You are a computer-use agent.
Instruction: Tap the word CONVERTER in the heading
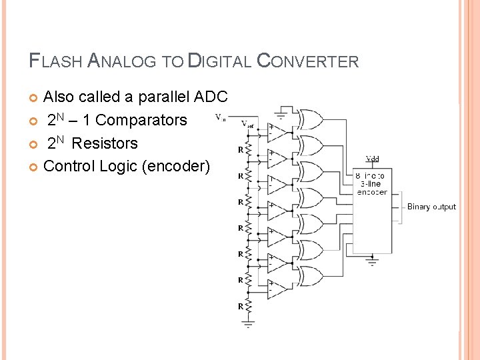[307, 62]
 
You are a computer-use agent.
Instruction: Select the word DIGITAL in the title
[219, 62]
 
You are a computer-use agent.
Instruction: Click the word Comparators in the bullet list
[142, 120]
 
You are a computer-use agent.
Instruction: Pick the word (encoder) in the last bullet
[176, 166]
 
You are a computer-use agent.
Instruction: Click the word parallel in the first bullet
[163, 97]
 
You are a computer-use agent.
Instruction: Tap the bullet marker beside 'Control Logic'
[34, 167]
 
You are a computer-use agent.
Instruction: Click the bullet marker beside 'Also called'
[34, 98]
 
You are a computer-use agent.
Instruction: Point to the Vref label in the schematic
[247, 123]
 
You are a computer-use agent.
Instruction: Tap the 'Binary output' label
[431, 207]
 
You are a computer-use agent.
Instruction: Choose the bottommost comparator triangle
[277, 287]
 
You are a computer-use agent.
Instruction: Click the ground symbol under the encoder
[372, 262]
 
